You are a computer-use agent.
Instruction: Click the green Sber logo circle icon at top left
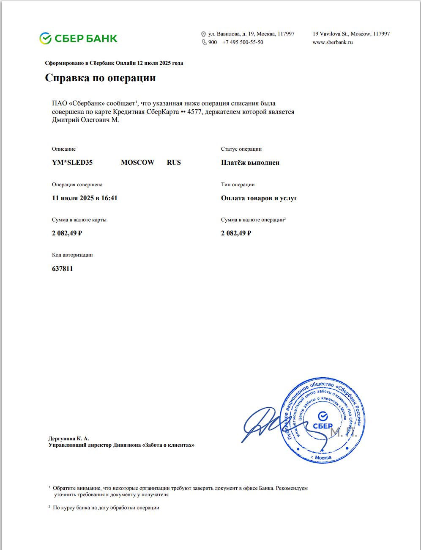tap(45, 39)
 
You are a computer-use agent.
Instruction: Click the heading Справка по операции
tap(100, 78)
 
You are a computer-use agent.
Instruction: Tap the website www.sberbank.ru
tap(332, 42)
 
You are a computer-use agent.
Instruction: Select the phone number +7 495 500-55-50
tap(243, 42)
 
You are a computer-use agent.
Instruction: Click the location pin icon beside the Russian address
tap(203, 34)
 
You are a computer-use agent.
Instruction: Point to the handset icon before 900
tap(204, 42)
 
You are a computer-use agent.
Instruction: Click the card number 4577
tap(194, 112)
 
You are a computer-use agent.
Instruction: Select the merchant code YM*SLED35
tap(72, 163)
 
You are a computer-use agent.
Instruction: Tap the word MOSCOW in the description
tap(137, 163)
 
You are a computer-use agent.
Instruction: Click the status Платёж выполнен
tap(250, 163)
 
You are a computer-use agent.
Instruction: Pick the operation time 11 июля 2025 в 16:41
tap(85, 198)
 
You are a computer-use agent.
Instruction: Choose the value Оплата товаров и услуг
tap(259, 198)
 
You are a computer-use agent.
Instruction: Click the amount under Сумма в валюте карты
tap(67, 233)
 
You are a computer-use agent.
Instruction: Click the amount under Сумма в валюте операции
tap(236, 233)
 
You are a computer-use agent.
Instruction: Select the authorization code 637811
tap(63, 269)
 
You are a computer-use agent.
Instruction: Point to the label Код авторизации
tap(72, 255)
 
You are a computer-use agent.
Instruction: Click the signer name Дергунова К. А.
tap(68, 439)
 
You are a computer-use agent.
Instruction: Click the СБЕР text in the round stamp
tap(323, 426)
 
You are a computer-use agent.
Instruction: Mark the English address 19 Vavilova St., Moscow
tap(351, 34)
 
